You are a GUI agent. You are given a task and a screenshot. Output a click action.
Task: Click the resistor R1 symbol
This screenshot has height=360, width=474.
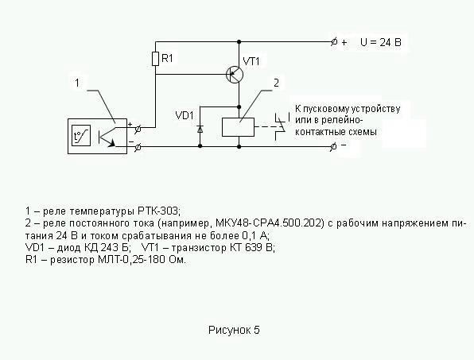point(155,59)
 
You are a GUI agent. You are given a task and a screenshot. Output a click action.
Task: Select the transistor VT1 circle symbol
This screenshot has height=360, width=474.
point(235,75)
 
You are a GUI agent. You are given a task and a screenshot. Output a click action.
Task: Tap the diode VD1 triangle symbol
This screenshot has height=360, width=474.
point(200,129)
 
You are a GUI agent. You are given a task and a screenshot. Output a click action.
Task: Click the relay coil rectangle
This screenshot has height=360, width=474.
point(239,127)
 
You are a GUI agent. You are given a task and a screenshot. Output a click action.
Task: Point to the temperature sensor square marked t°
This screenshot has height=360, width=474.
point(81,136)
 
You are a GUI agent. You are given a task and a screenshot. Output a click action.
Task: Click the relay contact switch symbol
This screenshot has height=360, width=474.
point(281,126)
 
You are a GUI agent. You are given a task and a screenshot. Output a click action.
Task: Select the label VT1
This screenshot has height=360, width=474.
point(251,62)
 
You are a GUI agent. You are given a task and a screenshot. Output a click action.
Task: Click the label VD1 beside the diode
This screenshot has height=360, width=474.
point(184,115)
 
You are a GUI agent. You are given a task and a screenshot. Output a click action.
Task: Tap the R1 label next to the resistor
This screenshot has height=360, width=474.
point(167,58)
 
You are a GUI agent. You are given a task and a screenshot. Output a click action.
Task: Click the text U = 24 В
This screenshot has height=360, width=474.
point(381,42)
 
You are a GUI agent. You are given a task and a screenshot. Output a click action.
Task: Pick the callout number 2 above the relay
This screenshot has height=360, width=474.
point(276,83)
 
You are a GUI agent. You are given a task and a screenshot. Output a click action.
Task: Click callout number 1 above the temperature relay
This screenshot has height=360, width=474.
point(77,83)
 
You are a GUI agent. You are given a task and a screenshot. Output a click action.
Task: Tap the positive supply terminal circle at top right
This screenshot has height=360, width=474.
point(334,42)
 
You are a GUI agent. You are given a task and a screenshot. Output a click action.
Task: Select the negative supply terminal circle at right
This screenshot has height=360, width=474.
point(333,147)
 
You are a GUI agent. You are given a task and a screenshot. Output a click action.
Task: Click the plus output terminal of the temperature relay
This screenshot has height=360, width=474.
point(138,129)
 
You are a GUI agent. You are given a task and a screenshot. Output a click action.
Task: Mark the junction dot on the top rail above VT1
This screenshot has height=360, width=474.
point(239,41)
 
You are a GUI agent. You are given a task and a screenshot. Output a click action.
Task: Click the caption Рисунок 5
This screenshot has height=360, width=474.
point(234,330)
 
